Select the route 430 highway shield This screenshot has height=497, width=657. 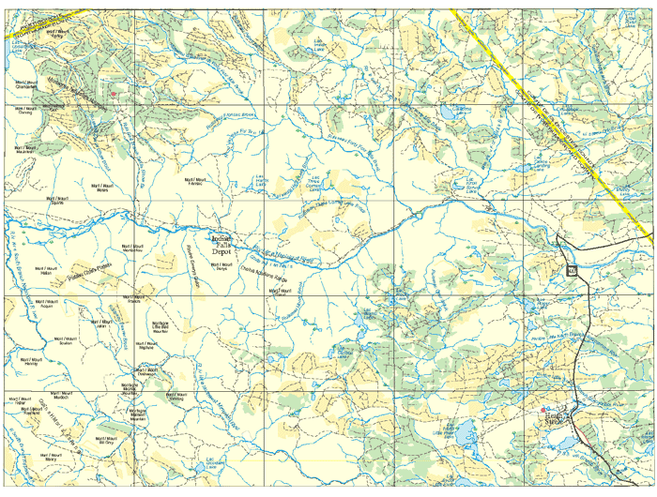click(571, 271)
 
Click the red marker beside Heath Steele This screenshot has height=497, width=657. click(547, 409)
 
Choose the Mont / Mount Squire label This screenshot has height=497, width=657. click(58, 200)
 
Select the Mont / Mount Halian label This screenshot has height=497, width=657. click(47, 271)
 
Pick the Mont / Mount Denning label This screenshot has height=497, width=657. click(24, 111)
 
